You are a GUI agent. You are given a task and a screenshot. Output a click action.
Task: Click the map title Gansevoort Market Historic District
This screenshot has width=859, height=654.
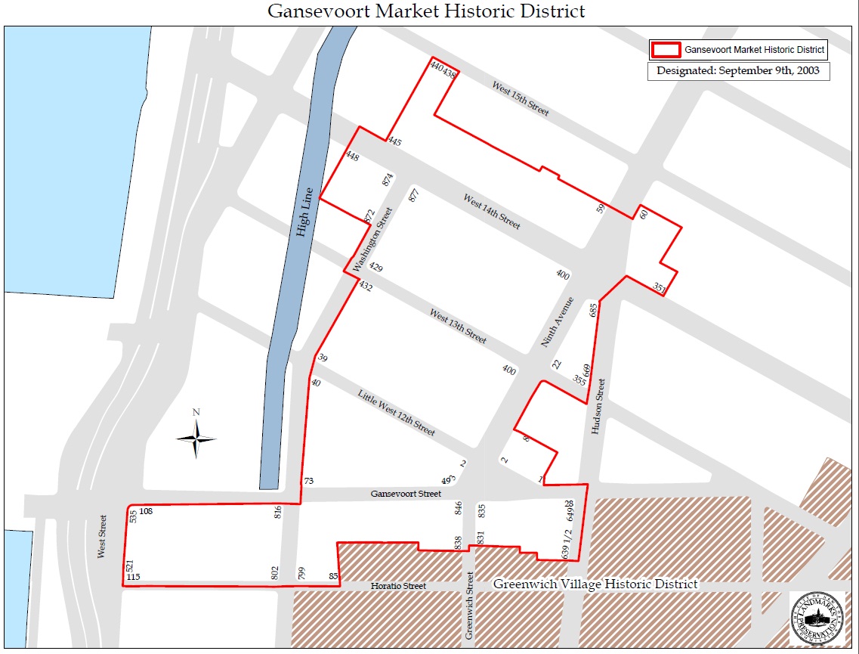(x=427, y=11)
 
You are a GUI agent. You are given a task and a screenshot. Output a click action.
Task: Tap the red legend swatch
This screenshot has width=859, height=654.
(x=665, y=51)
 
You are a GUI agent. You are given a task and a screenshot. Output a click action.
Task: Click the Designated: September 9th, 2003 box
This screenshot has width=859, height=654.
(x=738, y=71)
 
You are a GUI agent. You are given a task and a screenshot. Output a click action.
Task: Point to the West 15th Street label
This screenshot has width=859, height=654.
(x=521, y=98)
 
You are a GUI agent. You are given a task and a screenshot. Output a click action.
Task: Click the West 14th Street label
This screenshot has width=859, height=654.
(x=492, y=212)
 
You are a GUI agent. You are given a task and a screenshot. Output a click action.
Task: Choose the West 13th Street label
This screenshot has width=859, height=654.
(x=458, y=326)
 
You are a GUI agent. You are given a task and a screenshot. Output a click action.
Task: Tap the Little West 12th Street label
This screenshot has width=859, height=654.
(x=397, y=412)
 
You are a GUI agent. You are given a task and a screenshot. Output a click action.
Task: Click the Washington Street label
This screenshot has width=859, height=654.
(x=373, y=240)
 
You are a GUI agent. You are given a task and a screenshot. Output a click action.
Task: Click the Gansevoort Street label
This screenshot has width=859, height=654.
(x=406, y=494)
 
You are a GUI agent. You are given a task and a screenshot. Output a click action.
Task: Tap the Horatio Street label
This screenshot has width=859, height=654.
(x=398, y=586)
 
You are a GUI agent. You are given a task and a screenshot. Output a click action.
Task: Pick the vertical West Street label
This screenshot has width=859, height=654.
(x=103, y=537)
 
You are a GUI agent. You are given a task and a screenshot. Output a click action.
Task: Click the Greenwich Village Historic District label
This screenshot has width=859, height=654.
(x=595, y=584)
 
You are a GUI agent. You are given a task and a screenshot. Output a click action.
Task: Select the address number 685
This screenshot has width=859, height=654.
(x=594, y=309)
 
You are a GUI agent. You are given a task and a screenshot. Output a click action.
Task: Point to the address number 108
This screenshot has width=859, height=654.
(x=146, y=512)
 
